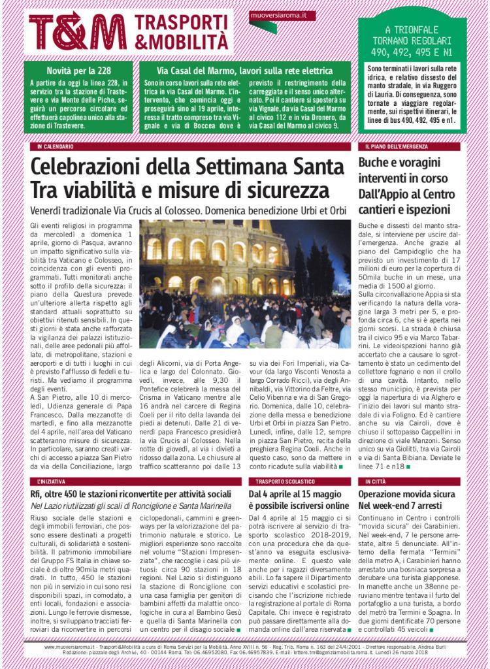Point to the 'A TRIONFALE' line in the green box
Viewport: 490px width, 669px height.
(x=412, y=29)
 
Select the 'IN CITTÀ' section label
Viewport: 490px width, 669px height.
(x=376, y=481)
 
